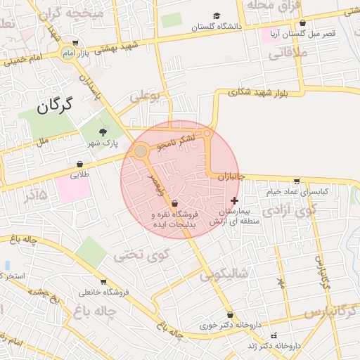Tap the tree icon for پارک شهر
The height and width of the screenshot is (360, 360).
(x=103, y=131)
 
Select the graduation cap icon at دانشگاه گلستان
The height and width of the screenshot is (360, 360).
(x=217, y=16)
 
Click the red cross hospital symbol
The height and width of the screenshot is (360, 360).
(x=234, y=200)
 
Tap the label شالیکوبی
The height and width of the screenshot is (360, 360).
(x=224, y=274)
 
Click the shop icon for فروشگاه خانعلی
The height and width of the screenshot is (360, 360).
(x=103, y=282)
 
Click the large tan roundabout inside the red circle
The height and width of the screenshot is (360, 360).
(x=141, y=151)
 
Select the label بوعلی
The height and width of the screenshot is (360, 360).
(x=145, y=95)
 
